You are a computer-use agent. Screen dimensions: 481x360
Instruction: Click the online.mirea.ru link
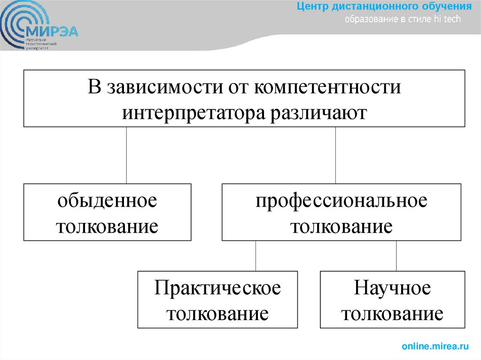click(435, 346)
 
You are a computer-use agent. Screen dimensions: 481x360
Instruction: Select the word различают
click(318, 113)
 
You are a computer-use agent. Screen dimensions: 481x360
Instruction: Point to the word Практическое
click(217, 288)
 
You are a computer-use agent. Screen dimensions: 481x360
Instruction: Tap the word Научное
click(392, 288)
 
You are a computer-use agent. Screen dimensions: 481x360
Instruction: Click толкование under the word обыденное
click(107, 227)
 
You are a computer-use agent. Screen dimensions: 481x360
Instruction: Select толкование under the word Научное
click(392, 313)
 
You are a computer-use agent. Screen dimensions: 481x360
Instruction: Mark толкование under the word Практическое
click(217, 313)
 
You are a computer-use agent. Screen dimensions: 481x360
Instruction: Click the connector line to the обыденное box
click(126, 155)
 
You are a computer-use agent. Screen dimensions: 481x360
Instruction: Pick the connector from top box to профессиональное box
click(335, 155)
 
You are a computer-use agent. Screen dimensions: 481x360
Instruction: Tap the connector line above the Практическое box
click(256, 256)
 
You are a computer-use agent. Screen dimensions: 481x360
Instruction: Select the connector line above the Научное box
click(396, 256)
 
